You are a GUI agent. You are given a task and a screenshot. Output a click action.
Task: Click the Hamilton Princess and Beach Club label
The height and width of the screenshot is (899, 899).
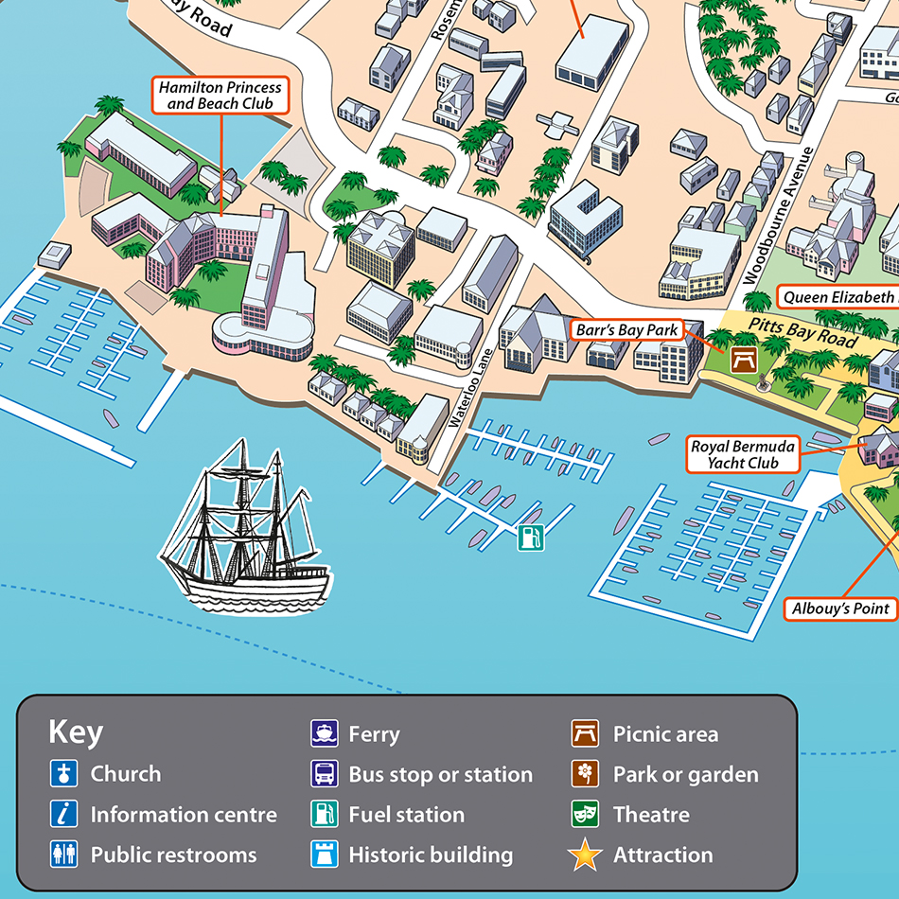(220, 95)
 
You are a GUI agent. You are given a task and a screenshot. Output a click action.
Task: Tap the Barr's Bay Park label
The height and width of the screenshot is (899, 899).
(626, 330)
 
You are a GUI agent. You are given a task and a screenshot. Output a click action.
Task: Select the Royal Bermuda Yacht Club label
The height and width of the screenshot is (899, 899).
(743, 454)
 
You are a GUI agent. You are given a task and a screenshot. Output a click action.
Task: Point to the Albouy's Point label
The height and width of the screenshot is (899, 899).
(840, 608)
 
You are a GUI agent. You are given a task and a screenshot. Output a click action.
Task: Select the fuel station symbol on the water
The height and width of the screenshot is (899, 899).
(530, 538)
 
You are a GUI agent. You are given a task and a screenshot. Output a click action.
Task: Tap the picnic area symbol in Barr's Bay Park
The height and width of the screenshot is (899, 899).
(743, 360)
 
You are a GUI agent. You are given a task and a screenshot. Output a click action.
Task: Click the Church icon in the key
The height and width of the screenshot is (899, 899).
(63, 774)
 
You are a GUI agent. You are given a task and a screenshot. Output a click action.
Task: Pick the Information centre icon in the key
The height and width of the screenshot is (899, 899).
(63, 815)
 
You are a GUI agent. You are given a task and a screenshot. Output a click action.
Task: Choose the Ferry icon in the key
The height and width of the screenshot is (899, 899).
(325, 733)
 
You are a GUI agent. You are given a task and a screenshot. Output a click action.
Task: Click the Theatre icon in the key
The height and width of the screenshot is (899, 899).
(585, 815)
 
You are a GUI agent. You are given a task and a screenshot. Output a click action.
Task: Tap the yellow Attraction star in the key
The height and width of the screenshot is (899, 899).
(585, 855)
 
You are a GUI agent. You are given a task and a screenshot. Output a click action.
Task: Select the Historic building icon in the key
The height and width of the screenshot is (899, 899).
(325, 855)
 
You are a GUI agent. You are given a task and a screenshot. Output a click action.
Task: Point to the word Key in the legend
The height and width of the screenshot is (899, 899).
(76, 732)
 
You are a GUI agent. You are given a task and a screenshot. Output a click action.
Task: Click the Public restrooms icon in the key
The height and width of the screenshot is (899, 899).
(63, 855)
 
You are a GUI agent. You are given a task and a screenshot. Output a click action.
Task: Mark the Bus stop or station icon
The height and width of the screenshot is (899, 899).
(325, 774)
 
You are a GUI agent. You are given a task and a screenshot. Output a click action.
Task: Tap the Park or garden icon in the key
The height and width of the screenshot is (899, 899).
(585, 774)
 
